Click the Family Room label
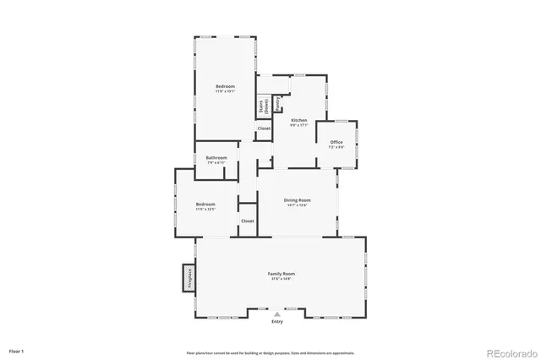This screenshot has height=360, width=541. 281,274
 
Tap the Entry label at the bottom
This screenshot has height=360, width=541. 277,322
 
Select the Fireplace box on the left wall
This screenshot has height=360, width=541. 188,278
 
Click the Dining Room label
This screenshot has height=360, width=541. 297,199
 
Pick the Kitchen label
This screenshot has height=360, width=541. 299,120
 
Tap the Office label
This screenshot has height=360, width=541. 336,142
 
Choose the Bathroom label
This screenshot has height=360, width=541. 216,157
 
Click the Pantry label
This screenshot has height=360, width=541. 277,103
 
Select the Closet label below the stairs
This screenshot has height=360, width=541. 264,128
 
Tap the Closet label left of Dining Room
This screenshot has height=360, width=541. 248,221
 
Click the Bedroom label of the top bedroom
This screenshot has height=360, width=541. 225,86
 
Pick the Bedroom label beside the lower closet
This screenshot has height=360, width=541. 206,204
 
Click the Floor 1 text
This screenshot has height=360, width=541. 17,350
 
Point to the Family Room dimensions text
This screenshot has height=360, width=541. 281,279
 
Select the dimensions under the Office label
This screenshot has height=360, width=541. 336,147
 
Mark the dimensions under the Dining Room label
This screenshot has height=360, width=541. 297,205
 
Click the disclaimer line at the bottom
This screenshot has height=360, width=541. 270,352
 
